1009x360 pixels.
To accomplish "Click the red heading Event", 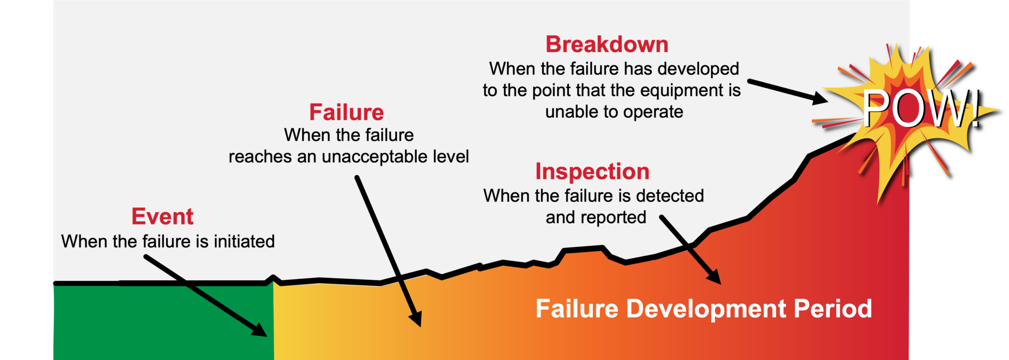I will click(x=162, y=217).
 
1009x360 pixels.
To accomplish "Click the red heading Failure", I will click(x=346, y=112).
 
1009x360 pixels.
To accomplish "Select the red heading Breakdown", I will click(x=606, y=44).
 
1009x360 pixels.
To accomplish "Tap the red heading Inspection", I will click(x=592, y=171).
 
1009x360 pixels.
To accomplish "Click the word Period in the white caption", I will click(x=833, y=309).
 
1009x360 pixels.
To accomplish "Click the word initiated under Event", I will click(x=244, y=241).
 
